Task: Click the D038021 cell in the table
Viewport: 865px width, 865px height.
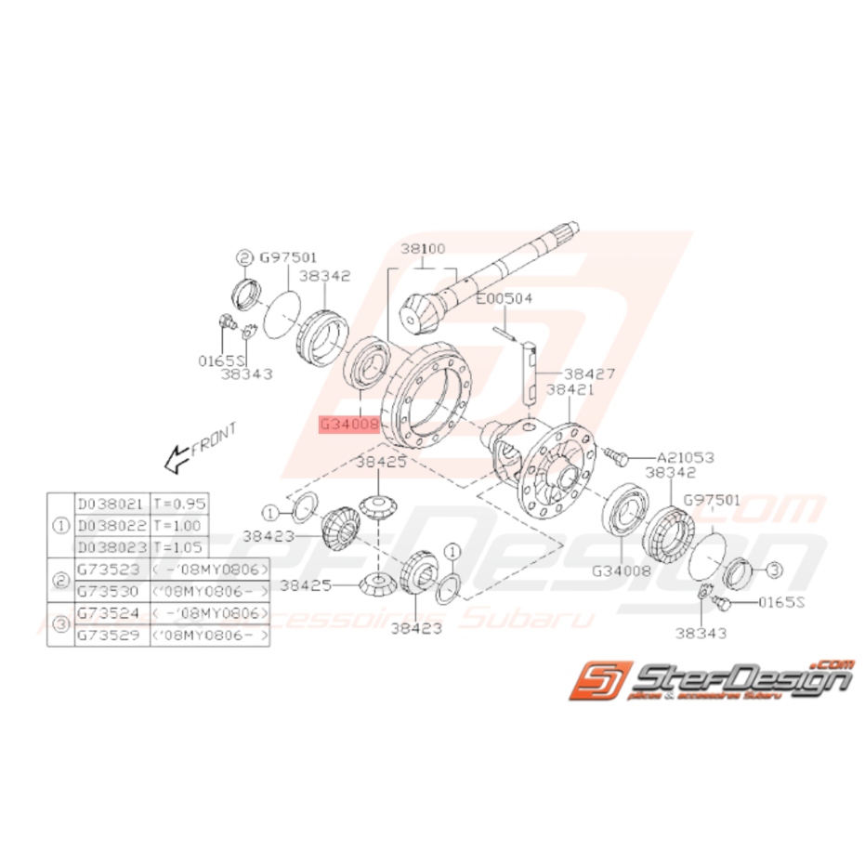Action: [x=111, y=505]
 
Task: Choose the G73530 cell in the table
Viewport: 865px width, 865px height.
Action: [x=111, y=591]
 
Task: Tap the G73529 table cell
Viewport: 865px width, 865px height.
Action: [x=111, y=636]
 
